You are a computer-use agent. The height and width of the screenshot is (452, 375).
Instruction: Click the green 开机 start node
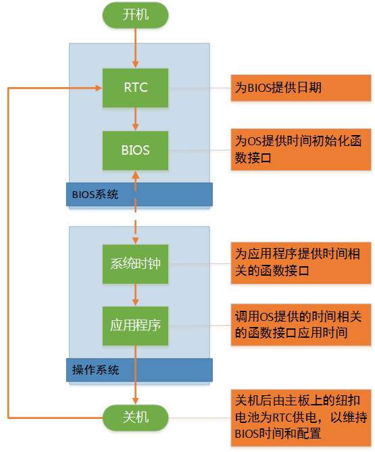tap(136, 15)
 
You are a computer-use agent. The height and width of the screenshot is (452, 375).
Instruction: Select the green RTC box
tap(136, 88)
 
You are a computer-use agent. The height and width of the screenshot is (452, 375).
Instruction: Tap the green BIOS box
tap(136, 150)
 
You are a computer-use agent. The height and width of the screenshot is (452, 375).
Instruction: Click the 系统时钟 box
tap(136, 263)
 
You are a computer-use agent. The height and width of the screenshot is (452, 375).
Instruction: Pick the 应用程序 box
tap(136, 326)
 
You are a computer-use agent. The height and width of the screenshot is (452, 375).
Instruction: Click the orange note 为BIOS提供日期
tap(301, 88)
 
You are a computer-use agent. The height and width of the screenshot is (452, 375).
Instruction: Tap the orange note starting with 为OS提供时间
tap(301, 149)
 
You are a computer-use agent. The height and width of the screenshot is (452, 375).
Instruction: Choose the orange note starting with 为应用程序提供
tap(301, 263)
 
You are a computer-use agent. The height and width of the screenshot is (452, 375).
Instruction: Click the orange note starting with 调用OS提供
tap(301, 325)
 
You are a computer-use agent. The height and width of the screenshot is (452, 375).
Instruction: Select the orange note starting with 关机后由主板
tap(301, 414)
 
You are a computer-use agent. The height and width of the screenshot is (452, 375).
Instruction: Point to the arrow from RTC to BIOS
tap(136, 119)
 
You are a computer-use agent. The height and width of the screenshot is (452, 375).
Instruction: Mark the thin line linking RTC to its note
tap(199, 88)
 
